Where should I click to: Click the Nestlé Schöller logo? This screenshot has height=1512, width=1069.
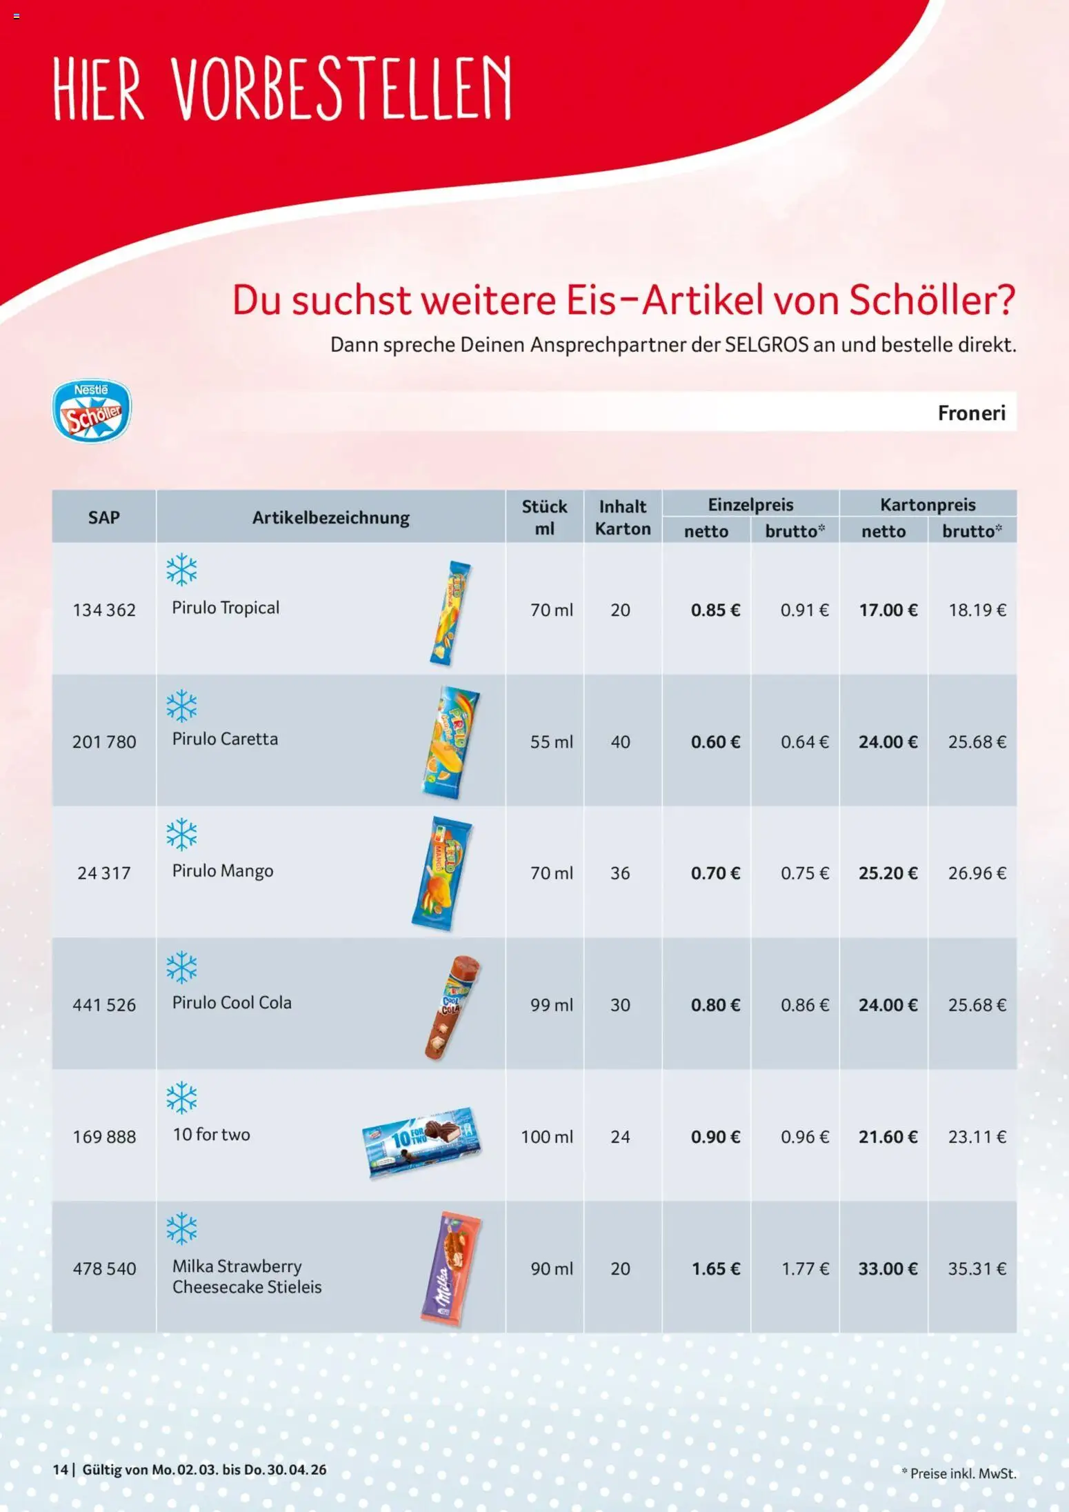click(92, 410)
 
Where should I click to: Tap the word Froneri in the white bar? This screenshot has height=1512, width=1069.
click(970, 412)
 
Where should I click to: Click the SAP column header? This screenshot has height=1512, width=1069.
click(103, 517)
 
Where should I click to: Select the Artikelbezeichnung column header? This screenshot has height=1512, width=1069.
click(330, 517)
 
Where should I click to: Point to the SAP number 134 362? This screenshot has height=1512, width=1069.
click(104, 610)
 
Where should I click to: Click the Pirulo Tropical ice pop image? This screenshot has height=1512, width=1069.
click(450, 613)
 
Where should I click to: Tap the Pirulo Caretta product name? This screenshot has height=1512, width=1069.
click(225, 739)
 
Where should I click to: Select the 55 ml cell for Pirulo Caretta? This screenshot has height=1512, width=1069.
click(551, 742)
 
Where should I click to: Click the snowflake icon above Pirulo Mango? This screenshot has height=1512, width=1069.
click(181, 834)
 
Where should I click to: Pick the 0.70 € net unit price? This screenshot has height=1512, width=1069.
click(715, 873)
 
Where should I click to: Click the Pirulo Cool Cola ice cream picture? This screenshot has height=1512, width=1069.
click(452, 1007)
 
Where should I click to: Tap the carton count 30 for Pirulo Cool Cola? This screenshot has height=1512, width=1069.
click(620, 1005)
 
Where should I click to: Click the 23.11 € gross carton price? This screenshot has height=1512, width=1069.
click(977, 1137)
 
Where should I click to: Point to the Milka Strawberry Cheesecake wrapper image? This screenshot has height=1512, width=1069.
click(451, 1269)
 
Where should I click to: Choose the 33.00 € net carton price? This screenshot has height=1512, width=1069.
click(888, 1269)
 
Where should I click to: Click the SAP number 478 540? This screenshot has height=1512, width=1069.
click(104, 1269)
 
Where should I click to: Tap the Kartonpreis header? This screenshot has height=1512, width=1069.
click(928, 504)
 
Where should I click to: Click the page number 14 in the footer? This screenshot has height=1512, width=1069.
click(60, 1469)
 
